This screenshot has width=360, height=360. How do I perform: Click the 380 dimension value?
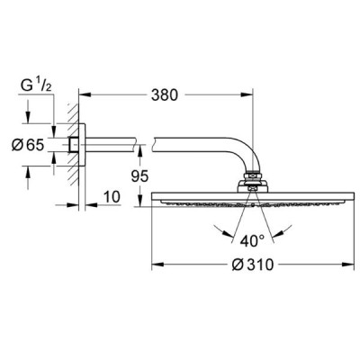coord(165,95)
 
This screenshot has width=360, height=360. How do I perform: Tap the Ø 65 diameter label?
coord(28,145)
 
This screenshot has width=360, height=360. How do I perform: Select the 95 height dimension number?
coord(139,176)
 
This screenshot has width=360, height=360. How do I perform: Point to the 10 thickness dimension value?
coord(112,197)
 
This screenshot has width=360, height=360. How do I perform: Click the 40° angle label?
coord(252,240)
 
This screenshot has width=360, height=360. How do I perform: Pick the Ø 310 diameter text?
coord(253,265)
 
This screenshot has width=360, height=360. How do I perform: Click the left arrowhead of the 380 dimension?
coord(85,95)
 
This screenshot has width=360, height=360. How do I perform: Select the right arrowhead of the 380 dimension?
coord(247,95)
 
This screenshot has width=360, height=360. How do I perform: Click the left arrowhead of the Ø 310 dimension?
coord(157,265)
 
